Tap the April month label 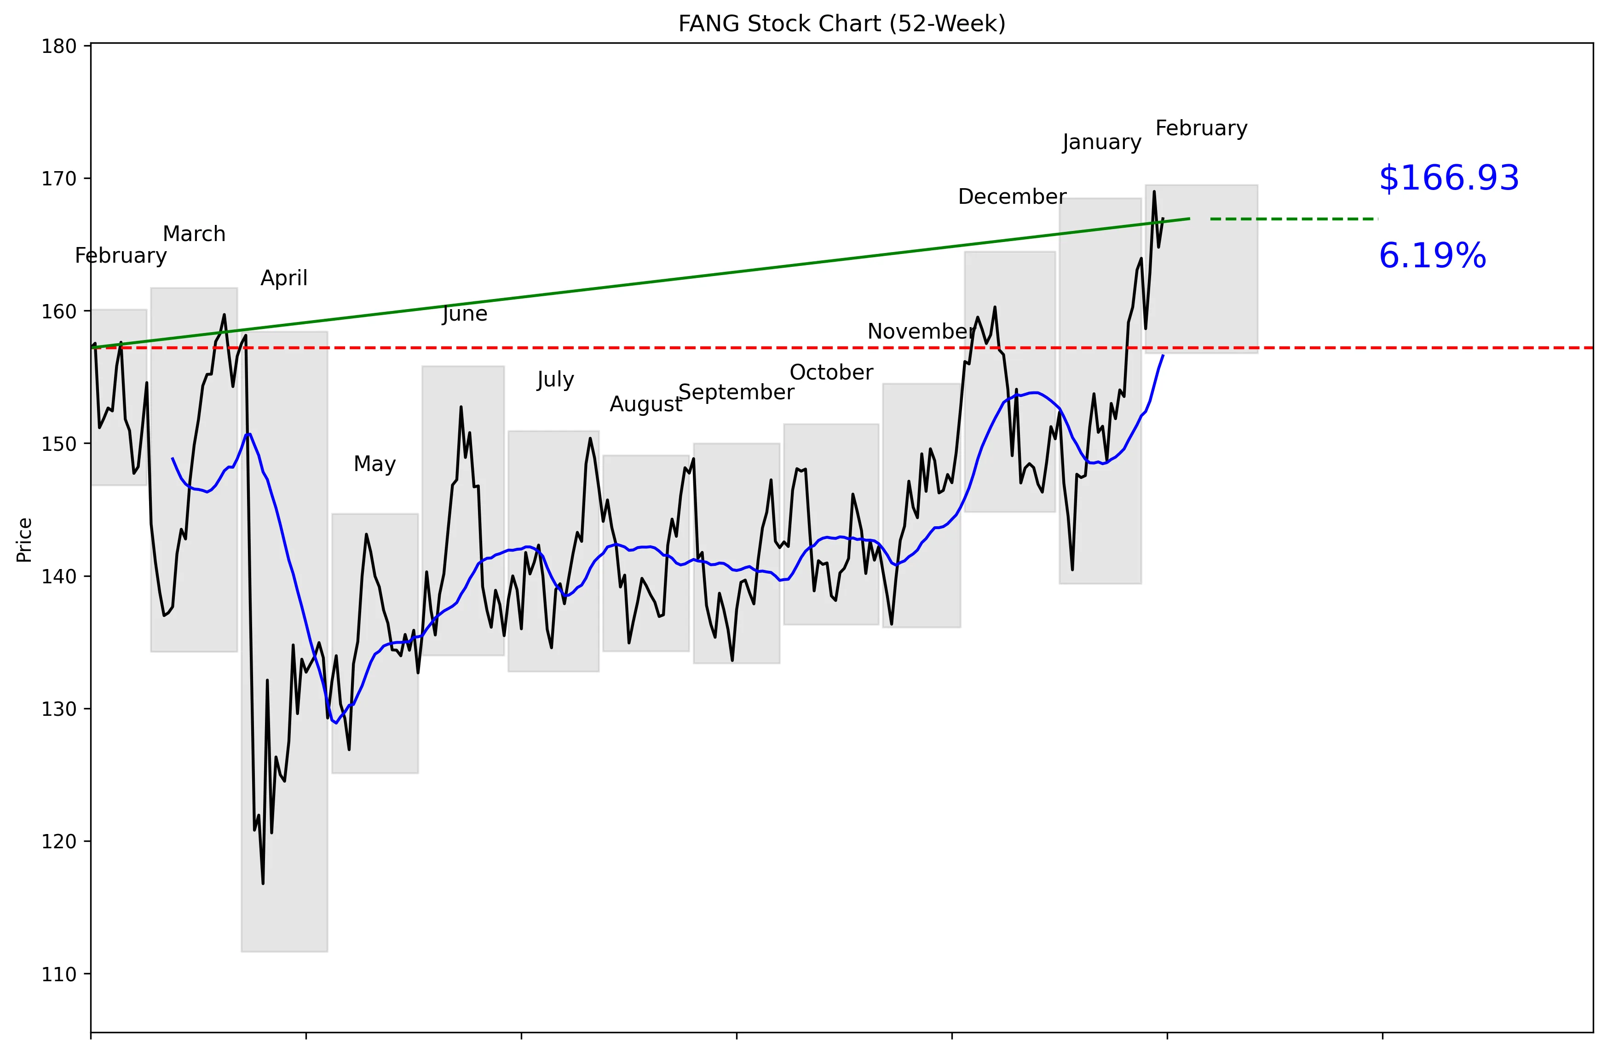[283, 278]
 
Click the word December [1012, 196]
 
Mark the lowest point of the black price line [263, 883]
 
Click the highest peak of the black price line [1154, 192]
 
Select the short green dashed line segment [1293, 219]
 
